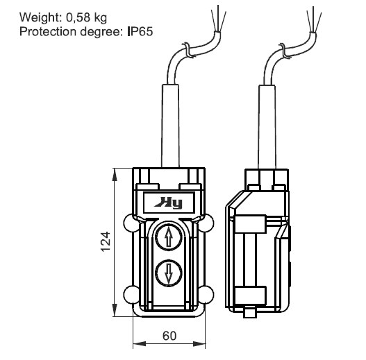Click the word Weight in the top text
tap(40, 18)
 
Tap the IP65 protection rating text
tap(140, 32)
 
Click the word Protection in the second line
tap(48, 32)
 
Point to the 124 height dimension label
tap(106, 241)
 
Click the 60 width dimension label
tap(169, 336)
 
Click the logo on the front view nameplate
tap(169, 203)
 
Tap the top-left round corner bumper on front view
tap(131, 223)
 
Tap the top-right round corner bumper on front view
tap(206, 223)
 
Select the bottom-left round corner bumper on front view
tap(131, 295)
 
